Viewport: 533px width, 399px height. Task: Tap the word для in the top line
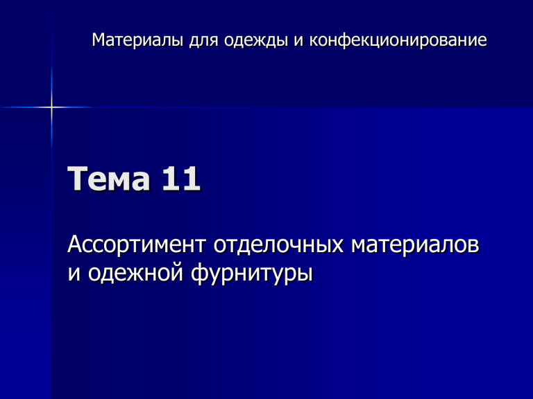pyautogui.click(x=203, y=41)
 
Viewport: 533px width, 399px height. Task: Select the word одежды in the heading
pyautogui.click(x=255, y=41)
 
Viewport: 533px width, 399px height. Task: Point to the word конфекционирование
pyautogui.click(x=398, y=41)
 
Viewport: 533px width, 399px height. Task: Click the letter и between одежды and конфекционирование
pyautogui.click(x=298, y=42)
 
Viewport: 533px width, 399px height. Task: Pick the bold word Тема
pyautogui.click(x=109, y=179)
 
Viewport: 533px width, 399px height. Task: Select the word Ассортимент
pyautogui.click(x=137, y=245)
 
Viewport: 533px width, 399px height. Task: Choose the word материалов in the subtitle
pyautogui.click(x=415, y=245)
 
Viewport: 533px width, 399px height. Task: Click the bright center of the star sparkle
pyautogui.click(x=51, y=107)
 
